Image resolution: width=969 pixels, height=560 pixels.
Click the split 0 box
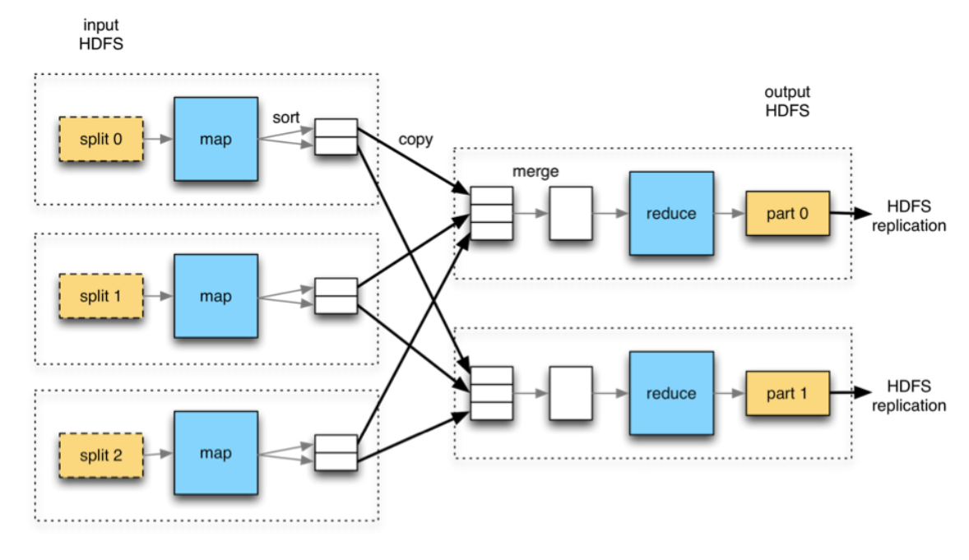100,139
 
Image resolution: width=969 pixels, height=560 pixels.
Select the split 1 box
100,296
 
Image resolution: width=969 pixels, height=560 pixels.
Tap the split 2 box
100,456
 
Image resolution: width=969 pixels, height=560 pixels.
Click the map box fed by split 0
216,139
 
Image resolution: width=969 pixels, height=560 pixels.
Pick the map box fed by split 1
216,296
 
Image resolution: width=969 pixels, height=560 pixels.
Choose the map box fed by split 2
216,453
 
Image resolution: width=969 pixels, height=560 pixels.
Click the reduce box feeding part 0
671,213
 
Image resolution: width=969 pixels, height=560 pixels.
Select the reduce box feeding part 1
671,393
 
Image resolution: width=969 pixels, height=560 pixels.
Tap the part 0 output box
787,213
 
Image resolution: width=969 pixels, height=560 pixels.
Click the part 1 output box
787,393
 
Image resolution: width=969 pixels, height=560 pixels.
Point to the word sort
285,118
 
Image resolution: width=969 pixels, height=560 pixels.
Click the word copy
415,141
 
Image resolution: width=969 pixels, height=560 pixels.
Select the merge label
535,172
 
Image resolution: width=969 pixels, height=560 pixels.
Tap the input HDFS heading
100,35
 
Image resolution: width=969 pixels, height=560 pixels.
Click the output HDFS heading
787,101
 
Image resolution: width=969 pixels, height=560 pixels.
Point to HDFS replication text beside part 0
908,215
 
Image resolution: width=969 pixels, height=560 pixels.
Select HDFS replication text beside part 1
908,396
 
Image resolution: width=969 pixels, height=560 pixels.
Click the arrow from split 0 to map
158,139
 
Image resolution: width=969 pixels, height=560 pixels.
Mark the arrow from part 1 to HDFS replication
851,392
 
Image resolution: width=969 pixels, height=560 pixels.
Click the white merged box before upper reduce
570,213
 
